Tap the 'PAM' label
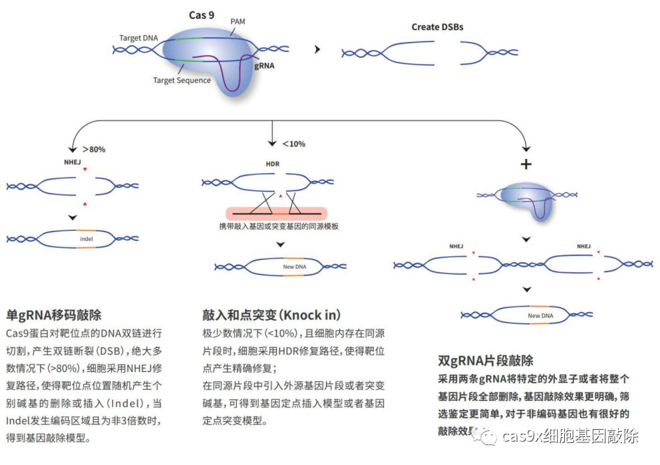click(238, 22)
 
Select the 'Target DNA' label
click(138, 38)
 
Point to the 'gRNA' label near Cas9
click(264, 66)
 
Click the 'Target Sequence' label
click(182, 80)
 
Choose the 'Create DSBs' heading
click(437, 27)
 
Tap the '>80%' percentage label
click(93, 149)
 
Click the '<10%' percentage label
click(293, 144)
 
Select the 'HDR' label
click(273, 164)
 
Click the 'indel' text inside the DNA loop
click(86, 238)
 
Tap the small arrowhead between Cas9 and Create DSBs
click(317, 50)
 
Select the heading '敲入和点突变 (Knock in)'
click(271, 315)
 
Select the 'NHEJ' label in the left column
click(73, 162)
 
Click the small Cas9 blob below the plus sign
click(526, 198)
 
